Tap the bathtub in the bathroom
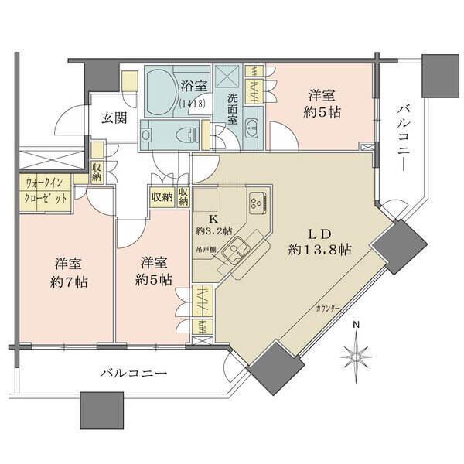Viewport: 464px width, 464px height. point(160,91)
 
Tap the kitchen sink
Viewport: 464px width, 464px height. point(241,249)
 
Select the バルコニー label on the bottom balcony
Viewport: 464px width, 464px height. point(133,374)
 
